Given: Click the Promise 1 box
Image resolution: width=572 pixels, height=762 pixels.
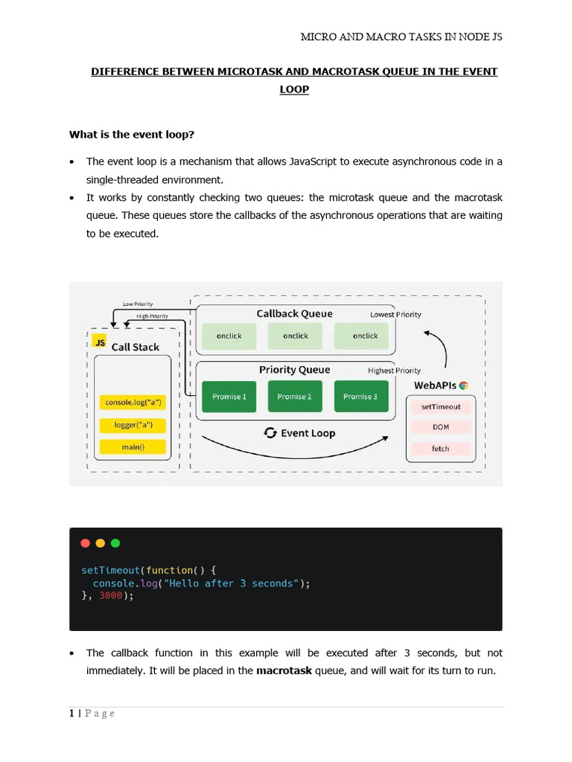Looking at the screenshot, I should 229,397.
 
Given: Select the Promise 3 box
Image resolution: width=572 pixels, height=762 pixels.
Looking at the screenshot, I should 360,397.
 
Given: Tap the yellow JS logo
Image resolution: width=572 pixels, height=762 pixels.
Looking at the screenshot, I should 100,342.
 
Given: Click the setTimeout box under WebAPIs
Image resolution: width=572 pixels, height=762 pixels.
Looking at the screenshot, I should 441,407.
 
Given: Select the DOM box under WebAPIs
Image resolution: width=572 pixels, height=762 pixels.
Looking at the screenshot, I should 441,428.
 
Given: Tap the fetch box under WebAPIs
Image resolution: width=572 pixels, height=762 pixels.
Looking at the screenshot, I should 441,449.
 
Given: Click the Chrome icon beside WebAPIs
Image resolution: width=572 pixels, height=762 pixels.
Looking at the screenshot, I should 463,385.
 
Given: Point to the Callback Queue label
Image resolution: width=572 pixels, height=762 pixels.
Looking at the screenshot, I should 294,313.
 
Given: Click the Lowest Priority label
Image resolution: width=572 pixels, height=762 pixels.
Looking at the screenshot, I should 395,315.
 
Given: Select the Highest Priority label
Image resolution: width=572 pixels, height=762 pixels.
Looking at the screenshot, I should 394,371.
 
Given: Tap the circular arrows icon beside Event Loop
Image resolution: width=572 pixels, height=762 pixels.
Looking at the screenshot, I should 271,433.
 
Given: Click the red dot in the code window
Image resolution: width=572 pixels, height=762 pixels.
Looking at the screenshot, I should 85,543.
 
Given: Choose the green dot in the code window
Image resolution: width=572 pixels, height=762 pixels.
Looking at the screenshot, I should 115,543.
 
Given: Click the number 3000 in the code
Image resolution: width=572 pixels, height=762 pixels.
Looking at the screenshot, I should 110,596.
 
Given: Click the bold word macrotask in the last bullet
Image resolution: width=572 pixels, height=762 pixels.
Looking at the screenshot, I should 284,670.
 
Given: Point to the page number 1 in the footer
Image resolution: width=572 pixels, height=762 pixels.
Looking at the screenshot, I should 71,714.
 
